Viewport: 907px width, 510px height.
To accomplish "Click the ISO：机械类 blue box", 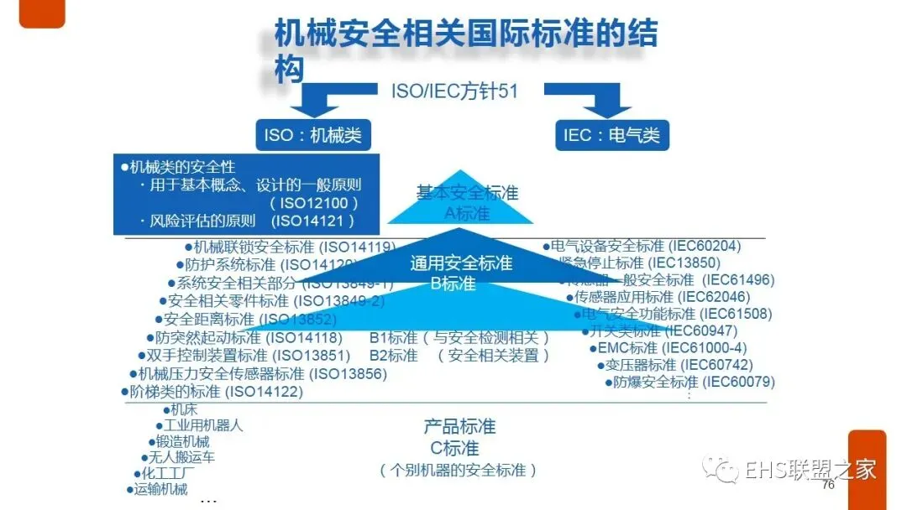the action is (x=312, y=135).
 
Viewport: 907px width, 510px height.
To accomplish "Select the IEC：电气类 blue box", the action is (x=611, y=135).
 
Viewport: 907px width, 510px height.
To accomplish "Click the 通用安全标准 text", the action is (x=461, y=263).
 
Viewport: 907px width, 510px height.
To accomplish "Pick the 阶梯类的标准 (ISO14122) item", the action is (x=216, y=391).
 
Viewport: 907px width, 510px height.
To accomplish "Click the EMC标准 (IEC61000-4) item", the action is (x=671, y=347).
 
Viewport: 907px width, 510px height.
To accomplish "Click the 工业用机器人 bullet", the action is (x=202, y=425).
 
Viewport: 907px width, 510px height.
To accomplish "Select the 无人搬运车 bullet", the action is (x=181, y=457).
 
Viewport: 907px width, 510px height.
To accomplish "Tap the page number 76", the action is (x=828, y=485).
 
